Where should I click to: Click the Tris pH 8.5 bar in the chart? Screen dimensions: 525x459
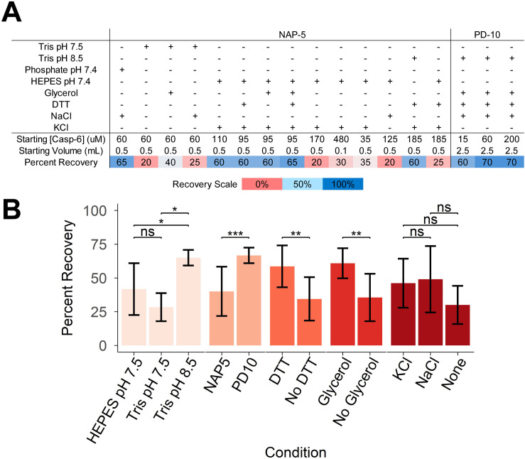[188, 301]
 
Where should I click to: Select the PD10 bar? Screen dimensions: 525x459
[249, 301]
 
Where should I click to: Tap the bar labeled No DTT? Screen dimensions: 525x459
[309, 322]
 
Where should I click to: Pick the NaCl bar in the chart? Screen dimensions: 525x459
[431, 312]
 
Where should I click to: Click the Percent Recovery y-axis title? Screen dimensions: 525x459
[67, 278]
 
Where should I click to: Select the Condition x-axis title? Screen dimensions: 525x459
[296, 452]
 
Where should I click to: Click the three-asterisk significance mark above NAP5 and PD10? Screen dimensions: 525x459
[235, 233]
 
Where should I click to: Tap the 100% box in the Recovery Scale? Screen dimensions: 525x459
[343, 184]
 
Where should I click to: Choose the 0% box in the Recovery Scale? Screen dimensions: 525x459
[262, 184]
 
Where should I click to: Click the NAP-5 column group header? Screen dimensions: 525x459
[292, 35]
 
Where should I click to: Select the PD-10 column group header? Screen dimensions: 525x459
[487, 35]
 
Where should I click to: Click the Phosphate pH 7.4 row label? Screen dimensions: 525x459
[60, 70]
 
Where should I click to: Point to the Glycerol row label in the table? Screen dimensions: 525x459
[61, 93]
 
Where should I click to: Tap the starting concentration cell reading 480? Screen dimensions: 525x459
[341, 139]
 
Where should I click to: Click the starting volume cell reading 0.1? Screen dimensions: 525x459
[341, 151]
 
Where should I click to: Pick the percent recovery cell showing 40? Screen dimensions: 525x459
[171, 163]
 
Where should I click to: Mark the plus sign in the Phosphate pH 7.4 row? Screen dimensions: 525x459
[122, 70]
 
